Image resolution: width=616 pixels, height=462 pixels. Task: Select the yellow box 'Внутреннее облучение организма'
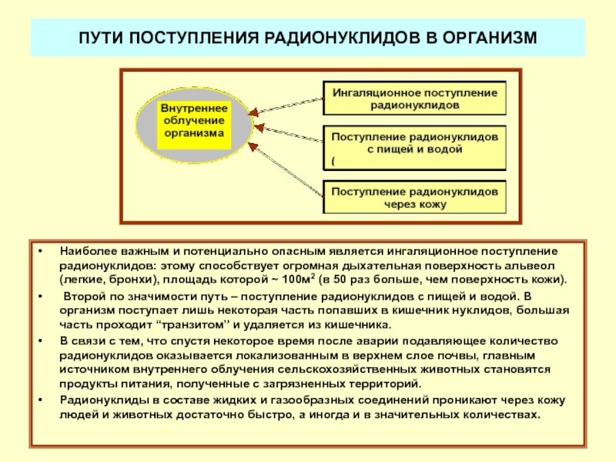[193, 121]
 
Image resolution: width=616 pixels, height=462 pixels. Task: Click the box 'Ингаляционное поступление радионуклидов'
[414, 97]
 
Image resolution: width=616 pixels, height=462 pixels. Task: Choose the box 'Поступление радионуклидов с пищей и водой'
[414, 147]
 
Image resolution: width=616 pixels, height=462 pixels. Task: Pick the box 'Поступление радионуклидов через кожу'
[414, 197]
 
